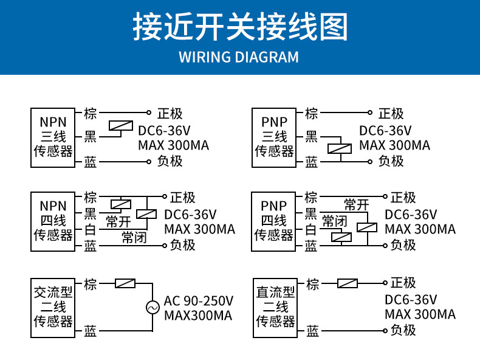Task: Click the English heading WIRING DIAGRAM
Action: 239,57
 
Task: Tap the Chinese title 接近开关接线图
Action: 239,27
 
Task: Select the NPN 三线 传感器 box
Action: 53,137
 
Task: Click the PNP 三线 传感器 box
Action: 274,137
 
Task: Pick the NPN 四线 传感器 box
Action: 53,221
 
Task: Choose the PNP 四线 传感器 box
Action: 273,221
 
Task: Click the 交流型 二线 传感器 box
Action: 53,308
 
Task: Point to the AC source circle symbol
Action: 152,308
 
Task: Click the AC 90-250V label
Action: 199,300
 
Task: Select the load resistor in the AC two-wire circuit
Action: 125,283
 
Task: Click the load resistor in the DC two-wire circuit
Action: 347,283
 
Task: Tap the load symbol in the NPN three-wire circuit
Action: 120,127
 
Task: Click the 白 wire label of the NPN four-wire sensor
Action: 90,230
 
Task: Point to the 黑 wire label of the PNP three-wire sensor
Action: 311,137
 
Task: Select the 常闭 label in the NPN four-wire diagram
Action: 134,238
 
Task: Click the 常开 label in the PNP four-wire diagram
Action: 356,205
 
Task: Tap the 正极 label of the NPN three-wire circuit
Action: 170,114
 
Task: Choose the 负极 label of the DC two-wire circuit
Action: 403,330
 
